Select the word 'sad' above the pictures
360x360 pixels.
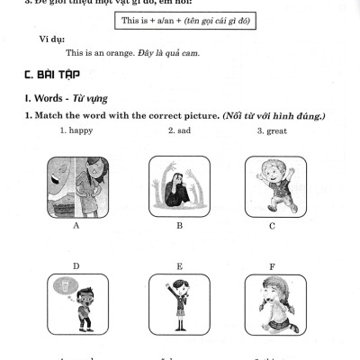183,131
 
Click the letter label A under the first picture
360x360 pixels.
76,226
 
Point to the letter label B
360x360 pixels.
179,226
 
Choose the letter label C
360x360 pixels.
273,226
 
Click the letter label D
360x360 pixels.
76,265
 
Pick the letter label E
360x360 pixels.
179,265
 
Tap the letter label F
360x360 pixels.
273,265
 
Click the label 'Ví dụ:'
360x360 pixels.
51,40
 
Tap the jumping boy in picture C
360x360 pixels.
273,185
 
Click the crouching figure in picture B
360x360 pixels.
179,187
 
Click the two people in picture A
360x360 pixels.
76,187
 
